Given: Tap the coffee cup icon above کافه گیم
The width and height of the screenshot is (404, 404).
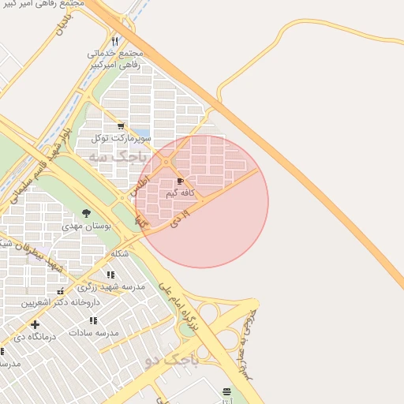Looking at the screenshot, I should coord(181,181).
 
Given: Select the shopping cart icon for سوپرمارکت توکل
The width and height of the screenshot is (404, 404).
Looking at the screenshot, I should coord(121,125).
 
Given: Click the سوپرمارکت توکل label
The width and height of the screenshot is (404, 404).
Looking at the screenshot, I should coord(119,137).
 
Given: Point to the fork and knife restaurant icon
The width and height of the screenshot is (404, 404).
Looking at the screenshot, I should coord(115,41).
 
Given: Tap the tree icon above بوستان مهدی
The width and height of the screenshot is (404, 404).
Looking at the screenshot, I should coord(86,213).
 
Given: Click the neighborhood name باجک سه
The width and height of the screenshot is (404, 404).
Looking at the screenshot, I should coord(118,156).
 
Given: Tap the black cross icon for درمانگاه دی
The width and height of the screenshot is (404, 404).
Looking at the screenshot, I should coord(34,324).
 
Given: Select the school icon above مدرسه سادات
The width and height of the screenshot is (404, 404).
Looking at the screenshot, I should coord(93,320).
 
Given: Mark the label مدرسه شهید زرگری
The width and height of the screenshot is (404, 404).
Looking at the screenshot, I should coord(116,287).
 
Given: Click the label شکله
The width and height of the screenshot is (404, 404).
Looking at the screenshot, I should coord(120,253).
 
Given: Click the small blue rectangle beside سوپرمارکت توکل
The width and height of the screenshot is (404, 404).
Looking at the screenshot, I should coord(140,133).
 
